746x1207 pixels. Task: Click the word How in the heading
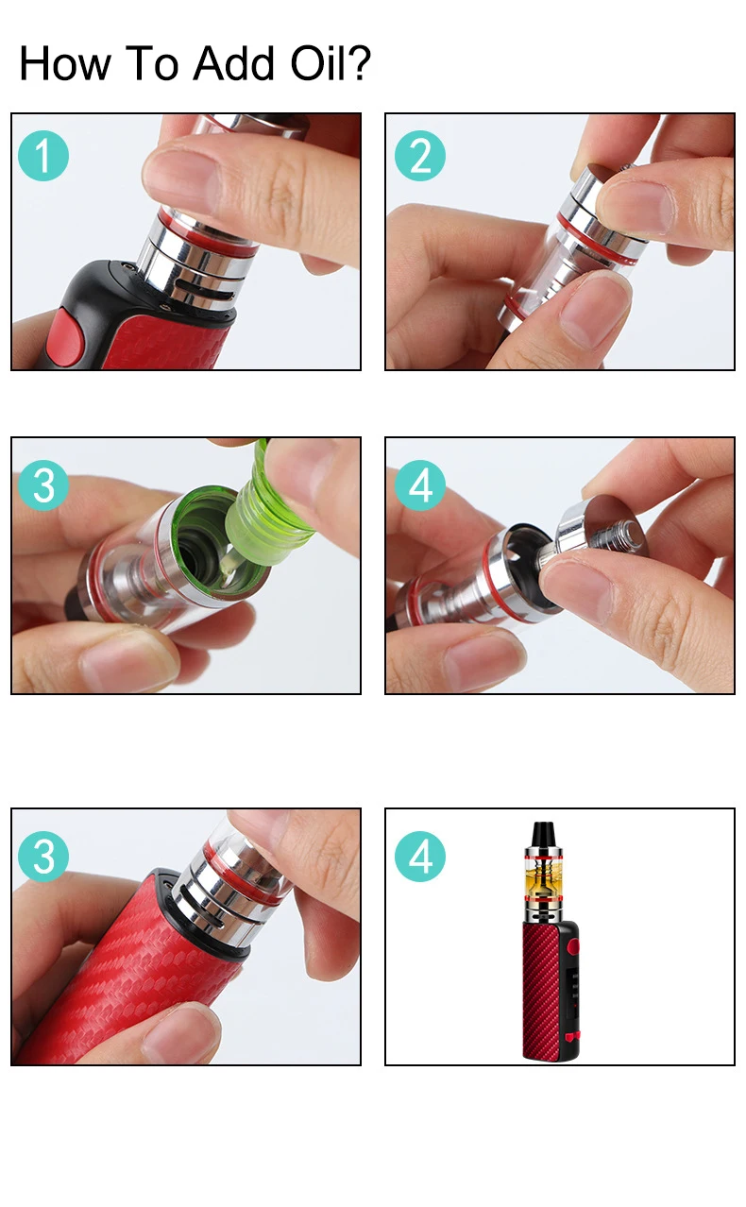64,63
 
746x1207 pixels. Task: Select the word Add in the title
234,63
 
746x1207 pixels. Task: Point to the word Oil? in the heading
331,63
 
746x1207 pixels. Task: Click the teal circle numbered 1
43,156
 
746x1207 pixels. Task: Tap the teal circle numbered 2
420,156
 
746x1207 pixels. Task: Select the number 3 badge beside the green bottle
43,485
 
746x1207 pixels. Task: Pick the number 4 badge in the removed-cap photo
420,485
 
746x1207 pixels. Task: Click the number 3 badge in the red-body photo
43,857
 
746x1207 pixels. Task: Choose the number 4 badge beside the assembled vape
420,857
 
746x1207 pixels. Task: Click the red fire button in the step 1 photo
64,338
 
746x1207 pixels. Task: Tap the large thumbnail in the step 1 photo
183,180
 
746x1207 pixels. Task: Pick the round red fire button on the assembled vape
572,946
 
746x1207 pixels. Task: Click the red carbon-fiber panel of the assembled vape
541,991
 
